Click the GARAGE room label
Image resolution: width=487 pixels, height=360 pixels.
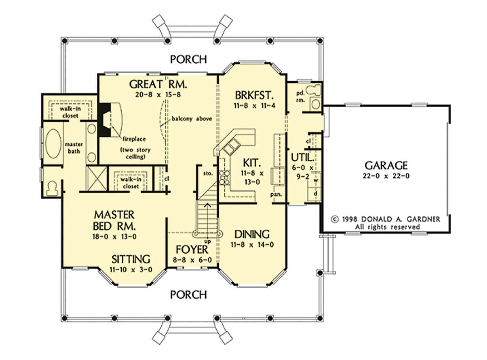(386, 166)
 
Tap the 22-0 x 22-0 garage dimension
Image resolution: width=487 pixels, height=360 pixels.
(386, 176)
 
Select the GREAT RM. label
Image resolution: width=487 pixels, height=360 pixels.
(158, 84)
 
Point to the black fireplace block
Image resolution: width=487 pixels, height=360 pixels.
(104, 120)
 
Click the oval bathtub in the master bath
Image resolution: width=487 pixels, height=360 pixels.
(53, 144)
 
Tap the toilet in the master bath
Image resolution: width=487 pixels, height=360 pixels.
(52, 188)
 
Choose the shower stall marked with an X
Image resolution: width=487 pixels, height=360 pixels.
(97, 179)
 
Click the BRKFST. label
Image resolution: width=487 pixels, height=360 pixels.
(254, 95)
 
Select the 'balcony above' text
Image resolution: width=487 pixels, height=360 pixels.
(192, 119)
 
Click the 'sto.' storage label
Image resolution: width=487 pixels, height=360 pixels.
(208, 173)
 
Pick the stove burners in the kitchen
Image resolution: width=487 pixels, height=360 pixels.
(224, 177)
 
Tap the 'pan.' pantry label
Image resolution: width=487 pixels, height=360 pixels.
(276, 194)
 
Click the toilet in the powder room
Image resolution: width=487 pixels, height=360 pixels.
(314, 90)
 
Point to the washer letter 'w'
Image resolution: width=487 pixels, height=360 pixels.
(316, 180)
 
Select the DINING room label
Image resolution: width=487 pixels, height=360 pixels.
(252, 234)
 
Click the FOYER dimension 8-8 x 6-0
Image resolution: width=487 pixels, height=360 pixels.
(192, 260)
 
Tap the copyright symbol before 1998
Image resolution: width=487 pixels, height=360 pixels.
(335, 219)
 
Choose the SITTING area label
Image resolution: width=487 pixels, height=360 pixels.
(131, 259)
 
